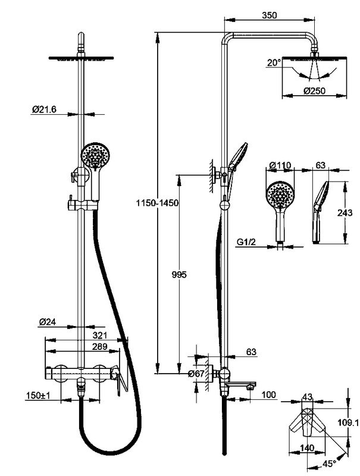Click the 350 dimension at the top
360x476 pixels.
tap(269, 17)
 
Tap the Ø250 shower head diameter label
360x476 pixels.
tap(314, 91)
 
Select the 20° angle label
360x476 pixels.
tap(274, 62)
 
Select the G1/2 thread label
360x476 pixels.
tap(246, 242)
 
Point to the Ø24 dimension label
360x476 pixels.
tap(48, 321)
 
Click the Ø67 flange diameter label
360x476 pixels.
tap(196, 374)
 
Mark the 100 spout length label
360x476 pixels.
tap(269, 394)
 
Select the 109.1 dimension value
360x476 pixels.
tap(348, 422)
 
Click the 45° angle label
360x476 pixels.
tap(330, 462)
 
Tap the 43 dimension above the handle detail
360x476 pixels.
tap(308, 397)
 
